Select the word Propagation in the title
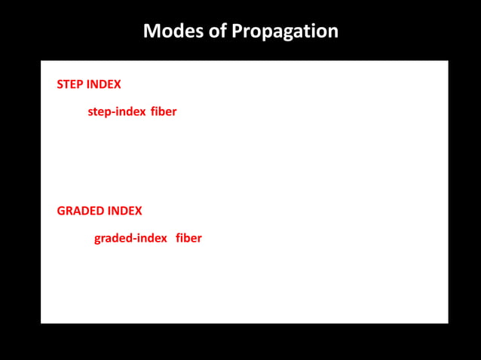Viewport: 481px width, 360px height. (285, 32)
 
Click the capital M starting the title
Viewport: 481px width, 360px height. (150, 32)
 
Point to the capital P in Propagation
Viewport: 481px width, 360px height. (237, 32)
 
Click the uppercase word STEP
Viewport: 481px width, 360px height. (70, 84)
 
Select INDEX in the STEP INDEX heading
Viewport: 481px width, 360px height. (104, 84)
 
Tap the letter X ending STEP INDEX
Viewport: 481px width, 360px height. (117, 84)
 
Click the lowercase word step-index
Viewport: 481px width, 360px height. (117, 112)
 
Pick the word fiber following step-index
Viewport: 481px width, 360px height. (164, 112)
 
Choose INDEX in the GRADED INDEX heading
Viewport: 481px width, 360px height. (124, 211)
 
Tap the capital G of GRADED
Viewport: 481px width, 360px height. (61, 211)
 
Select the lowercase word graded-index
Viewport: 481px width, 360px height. (130, 239)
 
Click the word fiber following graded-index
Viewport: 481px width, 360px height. (188, 239)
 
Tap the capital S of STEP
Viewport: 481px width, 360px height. (60, 84)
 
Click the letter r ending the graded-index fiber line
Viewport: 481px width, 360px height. (199, 239)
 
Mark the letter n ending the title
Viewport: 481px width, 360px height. (332, 32)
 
